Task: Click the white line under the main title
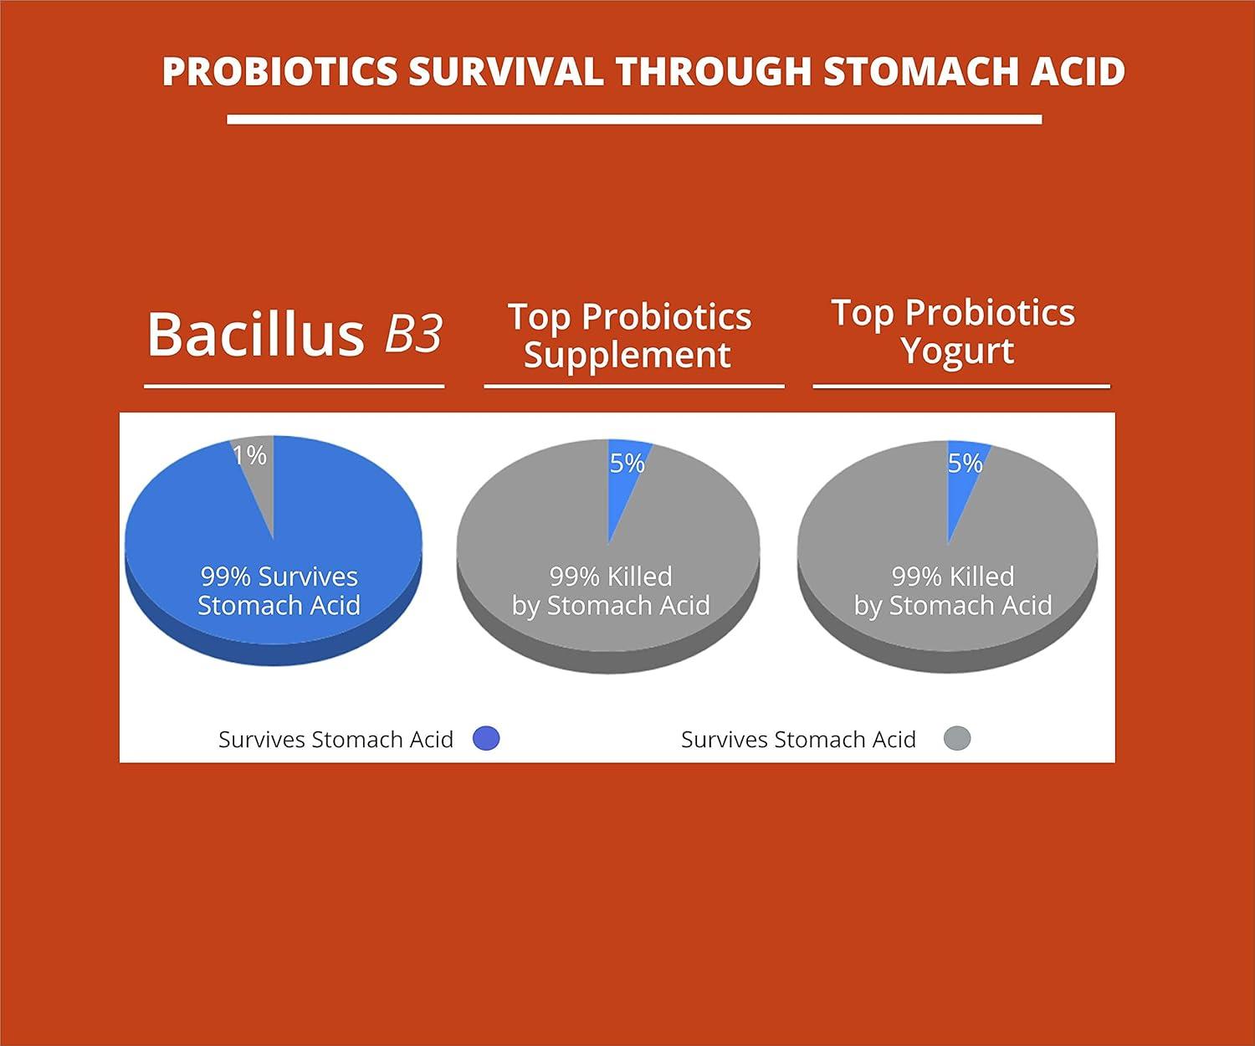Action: click(x=634, y=120)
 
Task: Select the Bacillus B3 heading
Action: click(x=294, y=334)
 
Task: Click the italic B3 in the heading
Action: click(x=412, y=334)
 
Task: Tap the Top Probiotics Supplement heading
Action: click(x=629, y=336)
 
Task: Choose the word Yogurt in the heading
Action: click(x=957, y=351)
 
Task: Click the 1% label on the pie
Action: click(x=249, y=455)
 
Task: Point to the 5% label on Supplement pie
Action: click(x=627, y=463)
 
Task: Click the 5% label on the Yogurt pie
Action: click(x=965, y=463)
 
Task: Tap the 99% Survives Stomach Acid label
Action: click(x=279, y=591)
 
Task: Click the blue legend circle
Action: click(x=486, y=738)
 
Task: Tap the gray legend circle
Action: click(x=957, y=738)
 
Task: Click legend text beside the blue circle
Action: click(x=336, y=740)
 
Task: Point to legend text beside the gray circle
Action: click(x=798, y=740)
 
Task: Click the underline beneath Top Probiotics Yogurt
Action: click(x=960, y=387)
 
